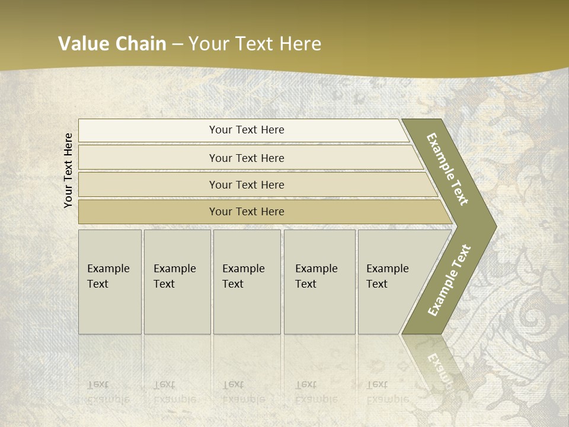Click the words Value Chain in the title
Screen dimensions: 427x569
[112, 44]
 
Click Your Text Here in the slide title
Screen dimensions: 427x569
[255, 44]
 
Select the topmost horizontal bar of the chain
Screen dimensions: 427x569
[148, 130]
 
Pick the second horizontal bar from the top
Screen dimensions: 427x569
[148, 158]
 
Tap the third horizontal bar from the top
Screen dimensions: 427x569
[148, 185]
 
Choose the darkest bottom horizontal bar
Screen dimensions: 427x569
[148, 212]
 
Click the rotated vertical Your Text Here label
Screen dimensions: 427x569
[68, 170]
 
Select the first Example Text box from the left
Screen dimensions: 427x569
[110, 282]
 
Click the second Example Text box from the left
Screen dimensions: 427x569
[177, 282]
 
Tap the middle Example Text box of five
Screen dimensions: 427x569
[247, 282]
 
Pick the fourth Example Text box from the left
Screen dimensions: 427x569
[319, 282]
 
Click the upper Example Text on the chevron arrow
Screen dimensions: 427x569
[448, 169]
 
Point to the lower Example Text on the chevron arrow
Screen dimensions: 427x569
[449, 281]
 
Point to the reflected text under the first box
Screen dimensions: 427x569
[108, 392]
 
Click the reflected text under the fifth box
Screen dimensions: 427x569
[388, 392]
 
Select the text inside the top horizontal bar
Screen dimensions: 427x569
[247, 130]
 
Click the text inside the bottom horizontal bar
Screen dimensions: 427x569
[247, 212]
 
